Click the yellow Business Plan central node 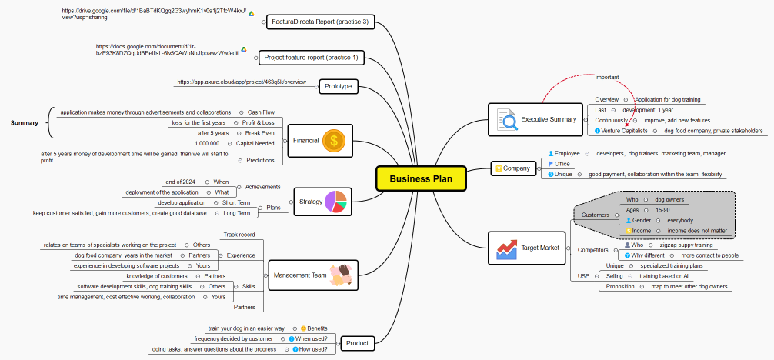click(x=421, y=178)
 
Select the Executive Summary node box click(x=536, y=119)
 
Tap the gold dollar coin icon click(x=333, y=140)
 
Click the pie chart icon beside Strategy click(x=336, y=202)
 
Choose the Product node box click(x=357, y=343)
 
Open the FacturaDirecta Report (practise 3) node click(x=319, y=22)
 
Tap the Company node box click(x=512, y=168)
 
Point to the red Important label click(x=607, y=77)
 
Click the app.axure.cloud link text click(x=242, y=82)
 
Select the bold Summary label click(x=25, y=122)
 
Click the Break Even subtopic click(x=259, y=133)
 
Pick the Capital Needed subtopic click(x=255, y=143)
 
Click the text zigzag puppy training click(x=686, y=245)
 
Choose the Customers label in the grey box click(x=595, y=215)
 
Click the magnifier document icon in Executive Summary click(x=506, y=120)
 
